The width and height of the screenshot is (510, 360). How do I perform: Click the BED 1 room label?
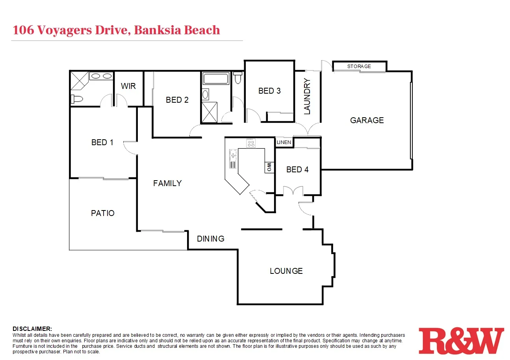[x=102, y=142]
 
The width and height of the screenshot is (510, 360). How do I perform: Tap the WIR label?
[x=128, y=86]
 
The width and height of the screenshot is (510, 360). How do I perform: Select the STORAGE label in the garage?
[x=359, y=66]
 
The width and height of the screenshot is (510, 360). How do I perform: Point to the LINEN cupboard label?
[x=284, y=142]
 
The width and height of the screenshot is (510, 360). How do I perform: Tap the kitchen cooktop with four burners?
[x=251, y=143]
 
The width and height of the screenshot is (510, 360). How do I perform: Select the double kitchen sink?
[x=233, y=156]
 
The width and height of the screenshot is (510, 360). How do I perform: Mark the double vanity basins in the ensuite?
[x=101, y=76]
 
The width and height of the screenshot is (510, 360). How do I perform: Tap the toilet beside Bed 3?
[x=237, y=78]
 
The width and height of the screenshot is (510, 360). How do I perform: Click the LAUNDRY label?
[x=307, y=97]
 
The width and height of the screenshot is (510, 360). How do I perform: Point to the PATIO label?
[x=103, y=213]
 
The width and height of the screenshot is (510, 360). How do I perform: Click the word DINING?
[x=211, y=238]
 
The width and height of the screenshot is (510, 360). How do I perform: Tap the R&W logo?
[x=461, y=340]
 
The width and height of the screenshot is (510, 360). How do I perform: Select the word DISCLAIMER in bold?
[x=32, y=329]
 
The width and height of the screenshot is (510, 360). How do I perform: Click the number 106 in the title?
[x=23, y=30]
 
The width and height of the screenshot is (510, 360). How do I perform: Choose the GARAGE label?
[x=367, y=120]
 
